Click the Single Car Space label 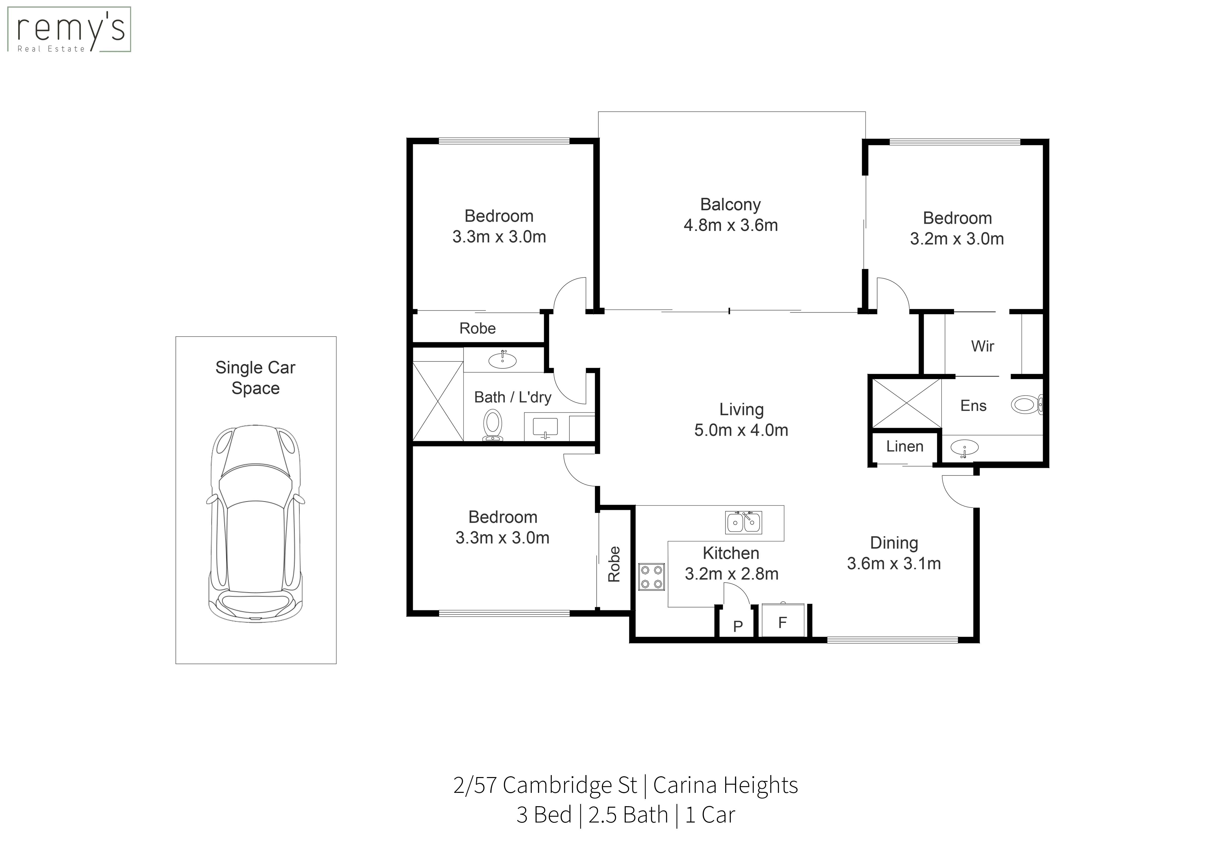(x=256, y=377)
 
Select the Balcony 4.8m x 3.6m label (x=730, y=215)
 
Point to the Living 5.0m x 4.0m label (x=741, y=420)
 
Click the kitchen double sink (x=744, y=523)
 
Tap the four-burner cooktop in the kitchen (x=651, y=577)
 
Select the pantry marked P (x=738, y=626)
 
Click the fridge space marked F (x=783, y=621)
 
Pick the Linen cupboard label (x=905, y=446)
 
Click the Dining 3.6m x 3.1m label (x=894, y=553)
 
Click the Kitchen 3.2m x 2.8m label (x=731, y=563)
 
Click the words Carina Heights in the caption (x=726, y=785)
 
